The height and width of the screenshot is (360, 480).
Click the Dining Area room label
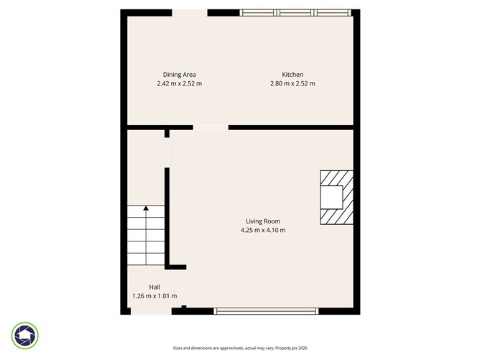click(x=179, y=74)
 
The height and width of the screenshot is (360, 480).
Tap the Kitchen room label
click(x=292, y=74)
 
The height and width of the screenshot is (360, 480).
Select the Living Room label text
click(x=263, y=221)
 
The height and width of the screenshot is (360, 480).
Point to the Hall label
click(x=154, y=286)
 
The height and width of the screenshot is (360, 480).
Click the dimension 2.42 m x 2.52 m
click(x=179, y=83)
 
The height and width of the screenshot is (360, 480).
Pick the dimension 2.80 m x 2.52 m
click(x=292, y=83)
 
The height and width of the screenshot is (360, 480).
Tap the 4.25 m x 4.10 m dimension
click(x=263, y=231)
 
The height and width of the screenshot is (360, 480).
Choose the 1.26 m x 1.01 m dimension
click(x=154, y=295)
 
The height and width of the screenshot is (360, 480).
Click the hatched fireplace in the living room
click(x=336, y=198)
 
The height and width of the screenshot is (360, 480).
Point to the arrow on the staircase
click(x=146, y=209)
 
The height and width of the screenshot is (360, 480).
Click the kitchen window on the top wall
click(x=295, y=12)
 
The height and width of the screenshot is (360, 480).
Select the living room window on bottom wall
click(x=265, y=310)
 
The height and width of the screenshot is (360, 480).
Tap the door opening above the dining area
click(x=190, y=12)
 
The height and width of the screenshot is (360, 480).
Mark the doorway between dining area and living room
click(x=211, y=128)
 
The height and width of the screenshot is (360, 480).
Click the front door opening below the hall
click(x=151, y=310)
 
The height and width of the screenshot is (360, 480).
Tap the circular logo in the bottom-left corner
click(x=25, y=336)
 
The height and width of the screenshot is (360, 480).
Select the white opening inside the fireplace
click(x=331, y=197)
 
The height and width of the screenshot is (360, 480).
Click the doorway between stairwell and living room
click(x=167, y=152)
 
